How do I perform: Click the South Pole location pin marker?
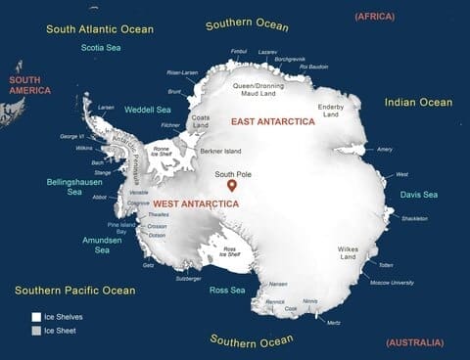231,184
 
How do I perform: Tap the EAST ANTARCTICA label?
272,120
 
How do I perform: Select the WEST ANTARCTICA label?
196,202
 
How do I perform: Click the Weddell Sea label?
148,110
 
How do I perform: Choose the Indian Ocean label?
418,102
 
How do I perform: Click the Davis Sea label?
418,195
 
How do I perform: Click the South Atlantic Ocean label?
100,29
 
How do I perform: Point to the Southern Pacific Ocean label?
74,290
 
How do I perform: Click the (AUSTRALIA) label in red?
414,342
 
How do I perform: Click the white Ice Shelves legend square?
36,317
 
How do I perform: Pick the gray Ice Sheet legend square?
36,331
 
